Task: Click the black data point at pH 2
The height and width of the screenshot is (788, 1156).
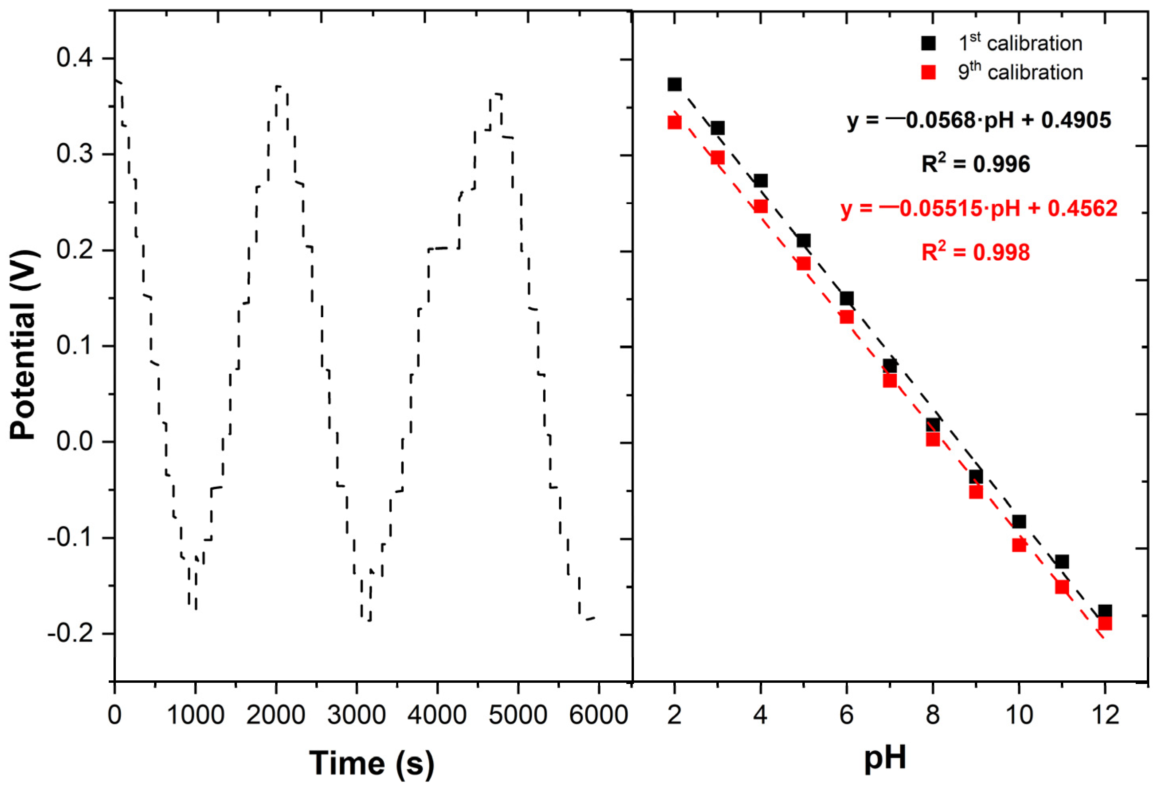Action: click(675, 84)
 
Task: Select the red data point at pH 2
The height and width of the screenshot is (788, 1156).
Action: click(675, 122)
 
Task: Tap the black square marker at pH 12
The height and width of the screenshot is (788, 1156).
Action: click(1105, 611)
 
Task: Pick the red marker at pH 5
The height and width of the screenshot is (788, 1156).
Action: click(803, 263)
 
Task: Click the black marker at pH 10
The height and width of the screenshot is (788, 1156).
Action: click(1019, 522)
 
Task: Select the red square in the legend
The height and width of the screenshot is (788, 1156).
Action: click(928, 73)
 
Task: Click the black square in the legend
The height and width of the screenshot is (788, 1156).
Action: click(928, 43)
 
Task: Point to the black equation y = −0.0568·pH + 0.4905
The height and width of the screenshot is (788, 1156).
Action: click(978, 120)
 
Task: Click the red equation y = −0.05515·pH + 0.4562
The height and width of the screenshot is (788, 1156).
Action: click(978, 208)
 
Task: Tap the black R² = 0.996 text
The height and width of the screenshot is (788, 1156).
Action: click(976, 164)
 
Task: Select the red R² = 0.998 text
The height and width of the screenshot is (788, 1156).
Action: click(976, 252)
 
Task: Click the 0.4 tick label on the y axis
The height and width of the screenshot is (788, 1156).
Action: click(74, 58)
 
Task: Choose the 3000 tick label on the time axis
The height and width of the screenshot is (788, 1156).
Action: click(356, 715)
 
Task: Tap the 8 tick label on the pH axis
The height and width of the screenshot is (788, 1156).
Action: click(932, 715)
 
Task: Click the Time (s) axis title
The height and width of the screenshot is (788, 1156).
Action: click(372, 763)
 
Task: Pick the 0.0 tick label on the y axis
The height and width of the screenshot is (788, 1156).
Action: click(74, 442)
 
